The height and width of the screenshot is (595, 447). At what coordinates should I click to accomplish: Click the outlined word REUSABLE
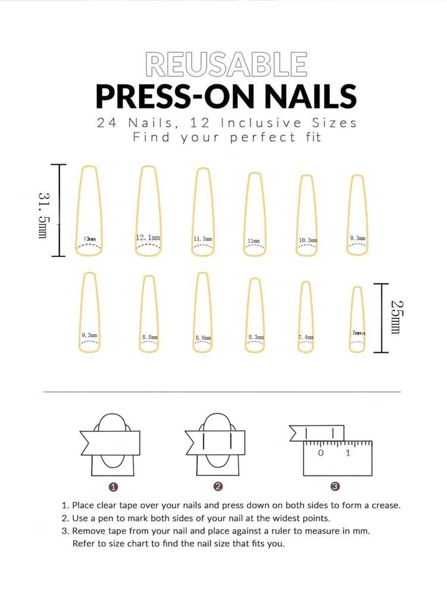(226, 64)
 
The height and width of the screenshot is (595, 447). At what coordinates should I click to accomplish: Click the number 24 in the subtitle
(107, 123)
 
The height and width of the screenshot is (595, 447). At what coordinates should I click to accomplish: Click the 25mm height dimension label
(396, 317)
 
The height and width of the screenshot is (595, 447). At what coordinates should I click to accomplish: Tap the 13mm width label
(89, 239)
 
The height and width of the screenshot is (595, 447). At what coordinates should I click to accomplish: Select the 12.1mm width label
(148, 237)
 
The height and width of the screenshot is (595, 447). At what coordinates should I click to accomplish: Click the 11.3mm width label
(202, 239)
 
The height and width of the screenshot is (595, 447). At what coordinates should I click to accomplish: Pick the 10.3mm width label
(307, 240)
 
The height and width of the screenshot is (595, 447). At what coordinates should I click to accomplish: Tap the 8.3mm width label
(256, 337)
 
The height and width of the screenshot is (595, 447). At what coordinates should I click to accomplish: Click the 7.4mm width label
(306, 337)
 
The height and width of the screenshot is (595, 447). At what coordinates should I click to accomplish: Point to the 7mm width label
(357, 333)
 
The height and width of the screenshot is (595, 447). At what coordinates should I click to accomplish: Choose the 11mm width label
(254, 241)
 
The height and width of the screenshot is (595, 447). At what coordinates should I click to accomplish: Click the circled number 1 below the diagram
(114, 487)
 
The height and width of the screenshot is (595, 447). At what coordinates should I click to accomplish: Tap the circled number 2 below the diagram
(218, 487)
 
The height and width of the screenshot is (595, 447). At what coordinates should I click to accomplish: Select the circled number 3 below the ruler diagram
(335, 487)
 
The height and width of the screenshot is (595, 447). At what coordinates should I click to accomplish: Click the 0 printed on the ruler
(321, 453)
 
